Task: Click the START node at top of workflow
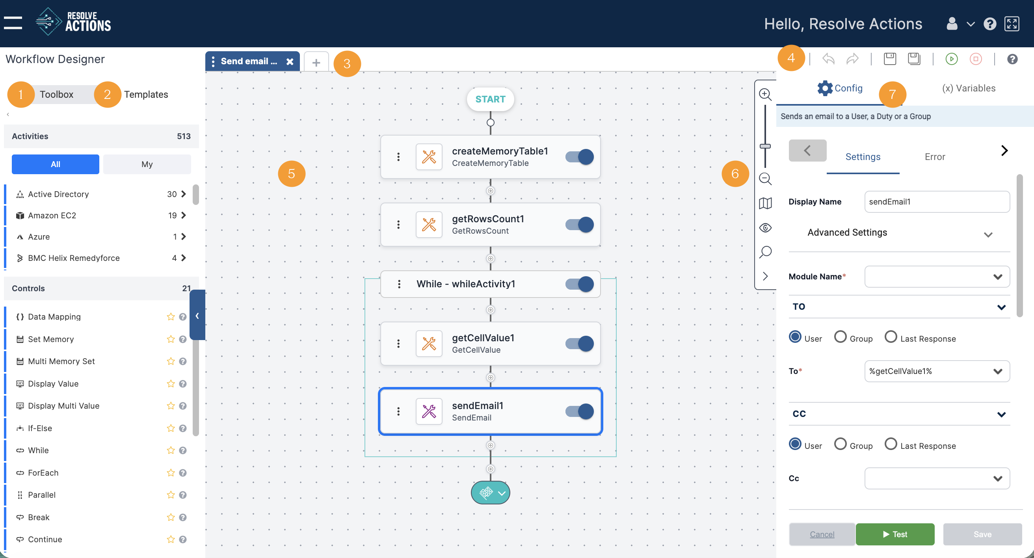tap(490, 99)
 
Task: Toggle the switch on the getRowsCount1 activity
tap(579, 224)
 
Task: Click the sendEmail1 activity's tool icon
tap(429, 411)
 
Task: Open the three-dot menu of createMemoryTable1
tap(398, 156)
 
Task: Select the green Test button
tap(895, 534)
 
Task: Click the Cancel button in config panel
tap(822, 534)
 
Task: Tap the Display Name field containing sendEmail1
tap(936, 201)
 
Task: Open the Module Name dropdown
tap(936, 277)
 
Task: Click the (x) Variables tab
tap(969, 88)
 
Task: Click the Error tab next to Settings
tap(934, 156)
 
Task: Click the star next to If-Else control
tap(171, 428)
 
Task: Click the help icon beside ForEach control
tap(182, 472)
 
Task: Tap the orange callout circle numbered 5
tap(292, 173)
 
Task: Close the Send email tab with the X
tap(290, 61)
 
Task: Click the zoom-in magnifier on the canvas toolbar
tap(765, 94)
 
